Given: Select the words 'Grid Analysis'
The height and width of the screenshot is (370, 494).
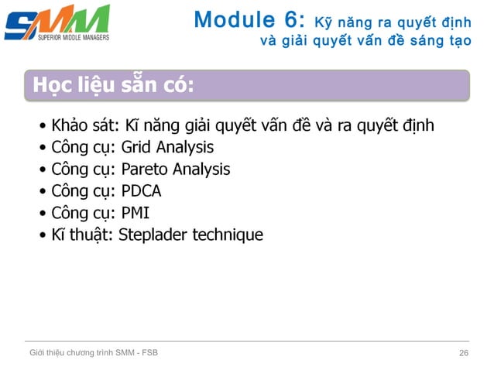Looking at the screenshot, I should [x=167, y=147].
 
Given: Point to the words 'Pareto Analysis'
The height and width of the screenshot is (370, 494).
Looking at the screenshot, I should [x=176, y=169].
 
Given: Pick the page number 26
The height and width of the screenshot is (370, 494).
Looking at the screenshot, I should [x=464, y=354].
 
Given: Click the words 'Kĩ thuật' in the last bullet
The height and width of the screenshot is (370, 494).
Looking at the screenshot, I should [x=81, y=234].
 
